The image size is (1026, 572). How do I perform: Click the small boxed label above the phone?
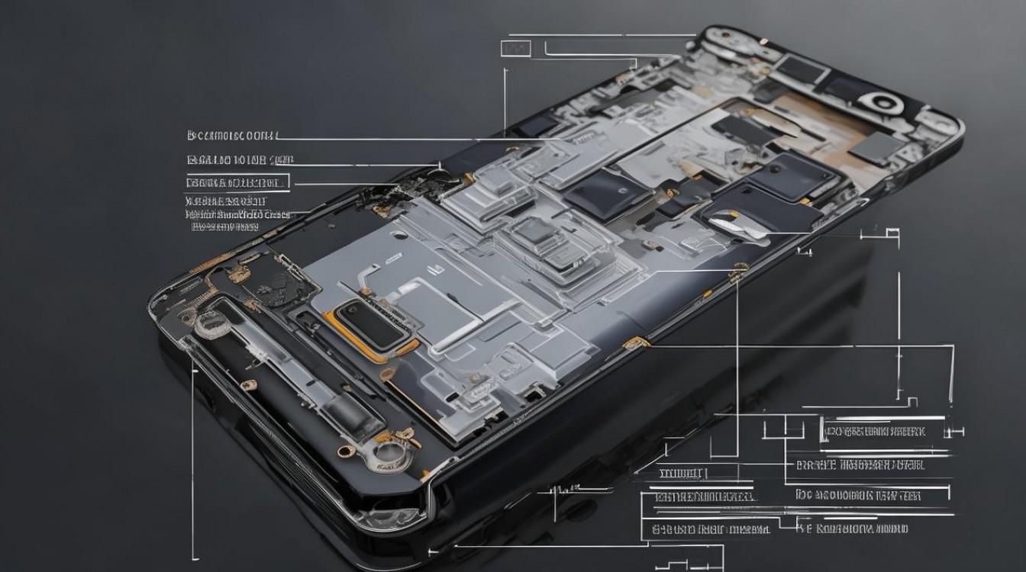[x=515, y=49]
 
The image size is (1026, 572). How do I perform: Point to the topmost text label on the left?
[x=233, y=136]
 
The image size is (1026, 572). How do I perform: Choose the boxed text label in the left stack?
[x=237, y=182]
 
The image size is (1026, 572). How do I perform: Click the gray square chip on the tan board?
[x=875, y=148]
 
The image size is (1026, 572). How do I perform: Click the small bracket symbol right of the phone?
[x=889, y=232]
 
